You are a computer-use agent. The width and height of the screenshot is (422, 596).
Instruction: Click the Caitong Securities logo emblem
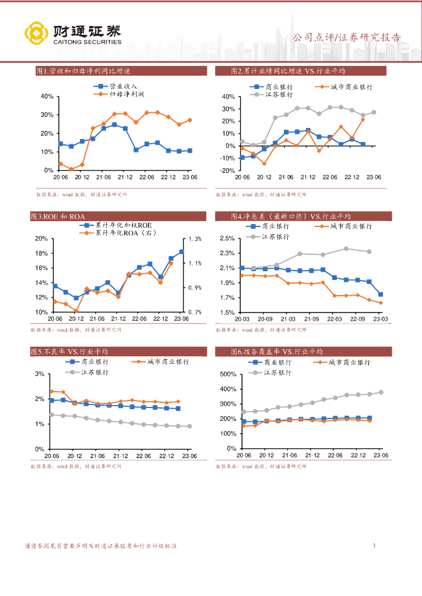35,33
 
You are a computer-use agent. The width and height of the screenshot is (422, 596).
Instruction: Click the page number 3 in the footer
374,545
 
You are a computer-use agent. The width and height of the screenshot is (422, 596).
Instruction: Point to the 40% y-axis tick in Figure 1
47,96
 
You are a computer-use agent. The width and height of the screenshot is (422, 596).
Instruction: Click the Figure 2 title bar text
289,71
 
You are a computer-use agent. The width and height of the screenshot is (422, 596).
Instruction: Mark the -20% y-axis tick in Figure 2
226,171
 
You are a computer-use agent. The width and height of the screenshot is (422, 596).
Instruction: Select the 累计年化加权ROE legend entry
123,225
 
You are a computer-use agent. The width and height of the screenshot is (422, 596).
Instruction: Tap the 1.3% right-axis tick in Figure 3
194,239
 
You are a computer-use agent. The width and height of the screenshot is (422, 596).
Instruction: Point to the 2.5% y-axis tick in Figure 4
227,239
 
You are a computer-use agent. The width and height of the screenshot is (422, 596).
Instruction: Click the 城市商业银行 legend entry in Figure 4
351,226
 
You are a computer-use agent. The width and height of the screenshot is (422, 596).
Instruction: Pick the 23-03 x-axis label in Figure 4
381,319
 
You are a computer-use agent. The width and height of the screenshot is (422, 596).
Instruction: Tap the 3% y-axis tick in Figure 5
41,374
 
